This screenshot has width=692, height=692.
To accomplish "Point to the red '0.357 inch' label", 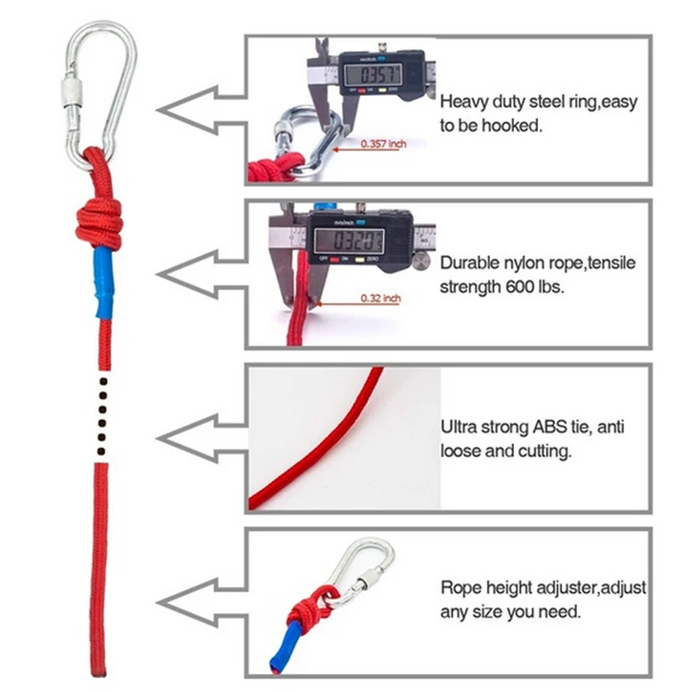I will [383, 144].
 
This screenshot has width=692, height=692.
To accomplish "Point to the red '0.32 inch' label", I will [381, 299].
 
